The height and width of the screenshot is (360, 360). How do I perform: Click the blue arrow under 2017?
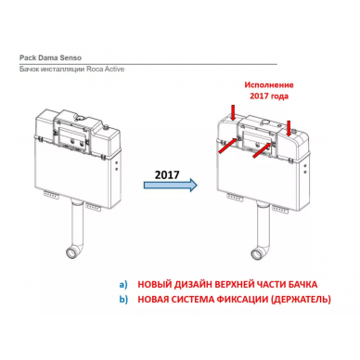point(171,185)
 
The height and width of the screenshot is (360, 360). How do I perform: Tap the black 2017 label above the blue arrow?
point(167,174)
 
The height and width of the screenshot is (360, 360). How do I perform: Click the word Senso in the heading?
point(71,58)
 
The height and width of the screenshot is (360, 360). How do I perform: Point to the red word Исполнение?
point(269,84)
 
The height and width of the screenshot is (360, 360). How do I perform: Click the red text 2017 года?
point(269,96)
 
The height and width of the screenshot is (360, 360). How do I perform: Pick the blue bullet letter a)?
point(123,284)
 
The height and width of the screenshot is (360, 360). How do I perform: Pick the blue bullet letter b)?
point(123,300)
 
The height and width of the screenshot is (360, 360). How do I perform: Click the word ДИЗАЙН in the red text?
point(193,284)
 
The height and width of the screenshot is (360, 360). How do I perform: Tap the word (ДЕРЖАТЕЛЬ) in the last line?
point(301,300)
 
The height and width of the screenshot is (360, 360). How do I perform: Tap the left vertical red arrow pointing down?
point(233,112)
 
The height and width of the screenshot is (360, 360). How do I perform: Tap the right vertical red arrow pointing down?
point(289,128)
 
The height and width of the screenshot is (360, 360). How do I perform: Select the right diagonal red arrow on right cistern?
point(264,150)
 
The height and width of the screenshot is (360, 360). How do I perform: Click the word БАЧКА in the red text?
point(303,284)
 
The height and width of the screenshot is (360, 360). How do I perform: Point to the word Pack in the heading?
point(26,58)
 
